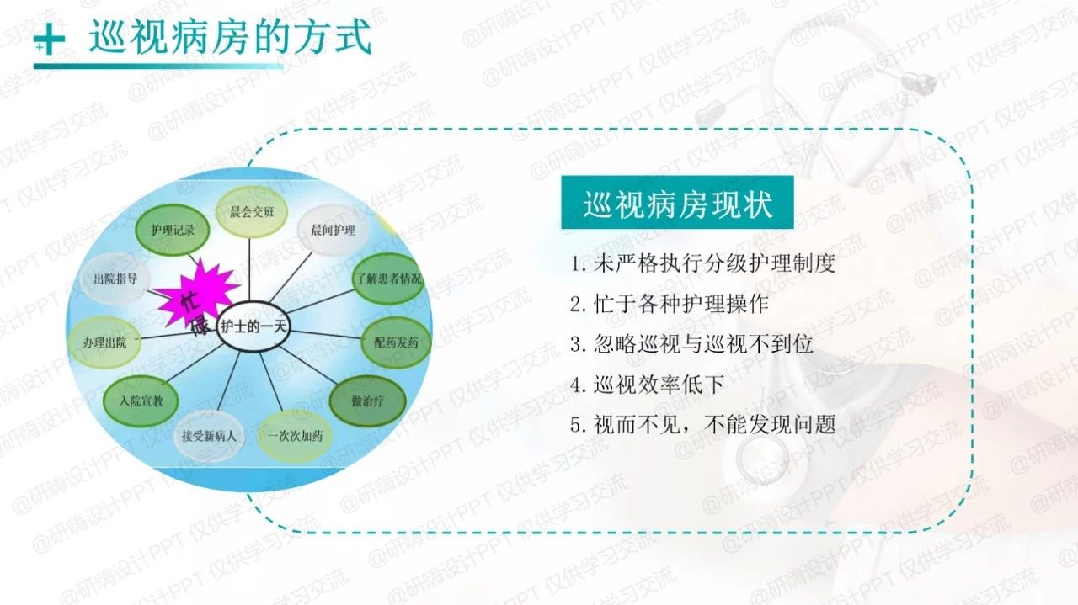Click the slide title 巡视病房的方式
(x=230, y=38)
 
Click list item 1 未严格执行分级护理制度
(x=702, y=263)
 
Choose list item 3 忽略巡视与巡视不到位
(x=691, y=344)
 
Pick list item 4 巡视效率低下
(x=647, y=385)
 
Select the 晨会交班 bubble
(x=251, y=211)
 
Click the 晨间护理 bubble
(x=333, y=231)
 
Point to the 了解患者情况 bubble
(x=387, y=279)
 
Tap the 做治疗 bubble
(x=367, y=401)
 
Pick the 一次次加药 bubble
(x=294, y=436)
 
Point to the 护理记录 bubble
(x=172, y=229)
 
